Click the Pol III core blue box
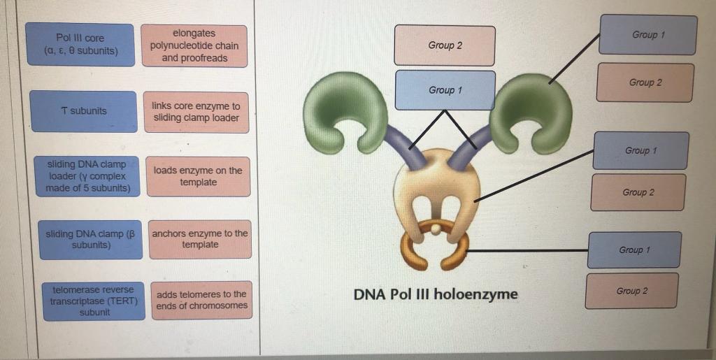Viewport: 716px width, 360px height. [x=79, y=45]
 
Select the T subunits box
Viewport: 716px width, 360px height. [x=83, y=111]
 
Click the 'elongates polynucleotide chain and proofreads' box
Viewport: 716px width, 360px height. [x=194, y=45]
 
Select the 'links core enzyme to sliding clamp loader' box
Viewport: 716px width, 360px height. [x=196, y=112]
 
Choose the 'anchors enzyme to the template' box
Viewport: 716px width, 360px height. [x=200, y=239]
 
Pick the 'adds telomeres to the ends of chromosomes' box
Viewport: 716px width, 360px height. [x=201, y=300]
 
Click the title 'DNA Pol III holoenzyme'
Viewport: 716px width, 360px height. [x=436, y=294]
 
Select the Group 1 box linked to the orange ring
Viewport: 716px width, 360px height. [x=633, y=250]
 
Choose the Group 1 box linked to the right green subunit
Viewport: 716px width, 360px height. [x=648, y=35]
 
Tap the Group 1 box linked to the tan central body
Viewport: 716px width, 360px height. [x=640, y=150]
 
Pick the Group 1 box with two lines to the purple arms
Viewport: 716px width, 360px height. [x=445, y=90]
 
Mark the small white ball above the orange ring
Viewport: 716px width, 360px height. [x=436, y=228]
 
